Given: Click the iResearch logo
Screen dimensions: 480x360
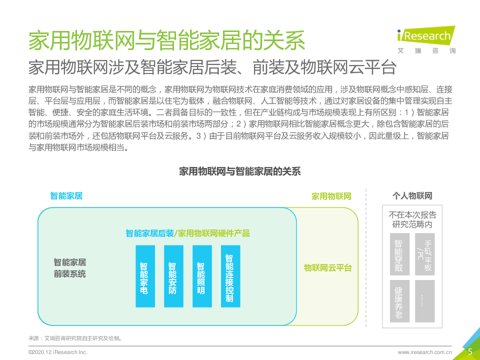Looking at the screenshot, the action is [x=426, y=40].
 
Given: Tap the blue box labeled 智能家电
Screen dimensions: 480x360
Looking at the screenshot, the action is [x=145, y=276].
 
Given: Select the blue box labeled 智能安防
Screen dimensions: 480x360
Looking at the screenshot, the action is [x=173, y=276].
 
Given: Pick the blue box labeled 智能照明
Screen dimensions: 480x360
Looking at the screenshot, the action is [x=202, y=276].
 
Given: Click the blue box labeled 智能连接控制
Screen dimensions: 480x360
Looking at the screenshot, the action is [x=230, y=276].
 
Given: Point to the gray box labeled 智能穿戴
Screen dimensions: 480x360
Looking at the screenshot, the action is [x=399, y=254].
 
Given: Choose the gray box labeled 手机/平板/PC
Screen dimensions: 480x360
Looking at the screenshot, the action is [x=425, y=254].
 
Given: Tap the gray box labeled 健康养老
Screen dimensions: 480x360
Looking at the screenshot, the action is [x=399, y=301].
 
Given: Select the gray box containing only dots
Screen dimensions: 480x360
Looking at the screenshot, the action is [x=425, y=301].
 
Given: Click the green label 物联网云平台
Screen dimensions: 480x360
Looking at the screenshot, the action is [x=328, y=268].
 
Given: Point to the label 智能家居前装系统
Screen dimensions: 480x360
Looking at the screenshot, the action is [x=70, y=268].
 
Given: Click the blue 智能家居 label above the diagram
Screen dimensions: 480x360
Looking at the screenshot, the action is [x=66, y=195].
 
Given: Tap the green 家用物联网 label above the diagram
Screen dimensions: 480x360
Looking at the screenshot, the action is [x=331, y=196].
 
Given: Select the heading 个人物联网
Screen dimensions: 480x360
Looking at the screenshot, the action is [x=412, y=195].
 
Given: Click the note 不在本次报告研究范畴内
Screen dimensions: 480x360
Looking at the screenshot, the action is [x=412, y=219].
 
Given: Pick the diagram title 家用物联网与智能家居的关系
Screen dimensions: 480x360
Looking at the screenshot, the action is [x=240, y=171].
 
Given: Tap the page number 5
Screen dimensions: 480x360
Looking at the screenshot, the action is [x=470, y=351].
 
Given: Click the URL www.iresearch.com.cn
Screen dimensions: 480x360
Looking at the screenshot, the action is [x=425, y=352].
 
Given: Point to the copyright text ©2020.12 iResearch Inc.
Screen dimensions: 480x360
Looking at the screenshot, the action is [x=58, y=352].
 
